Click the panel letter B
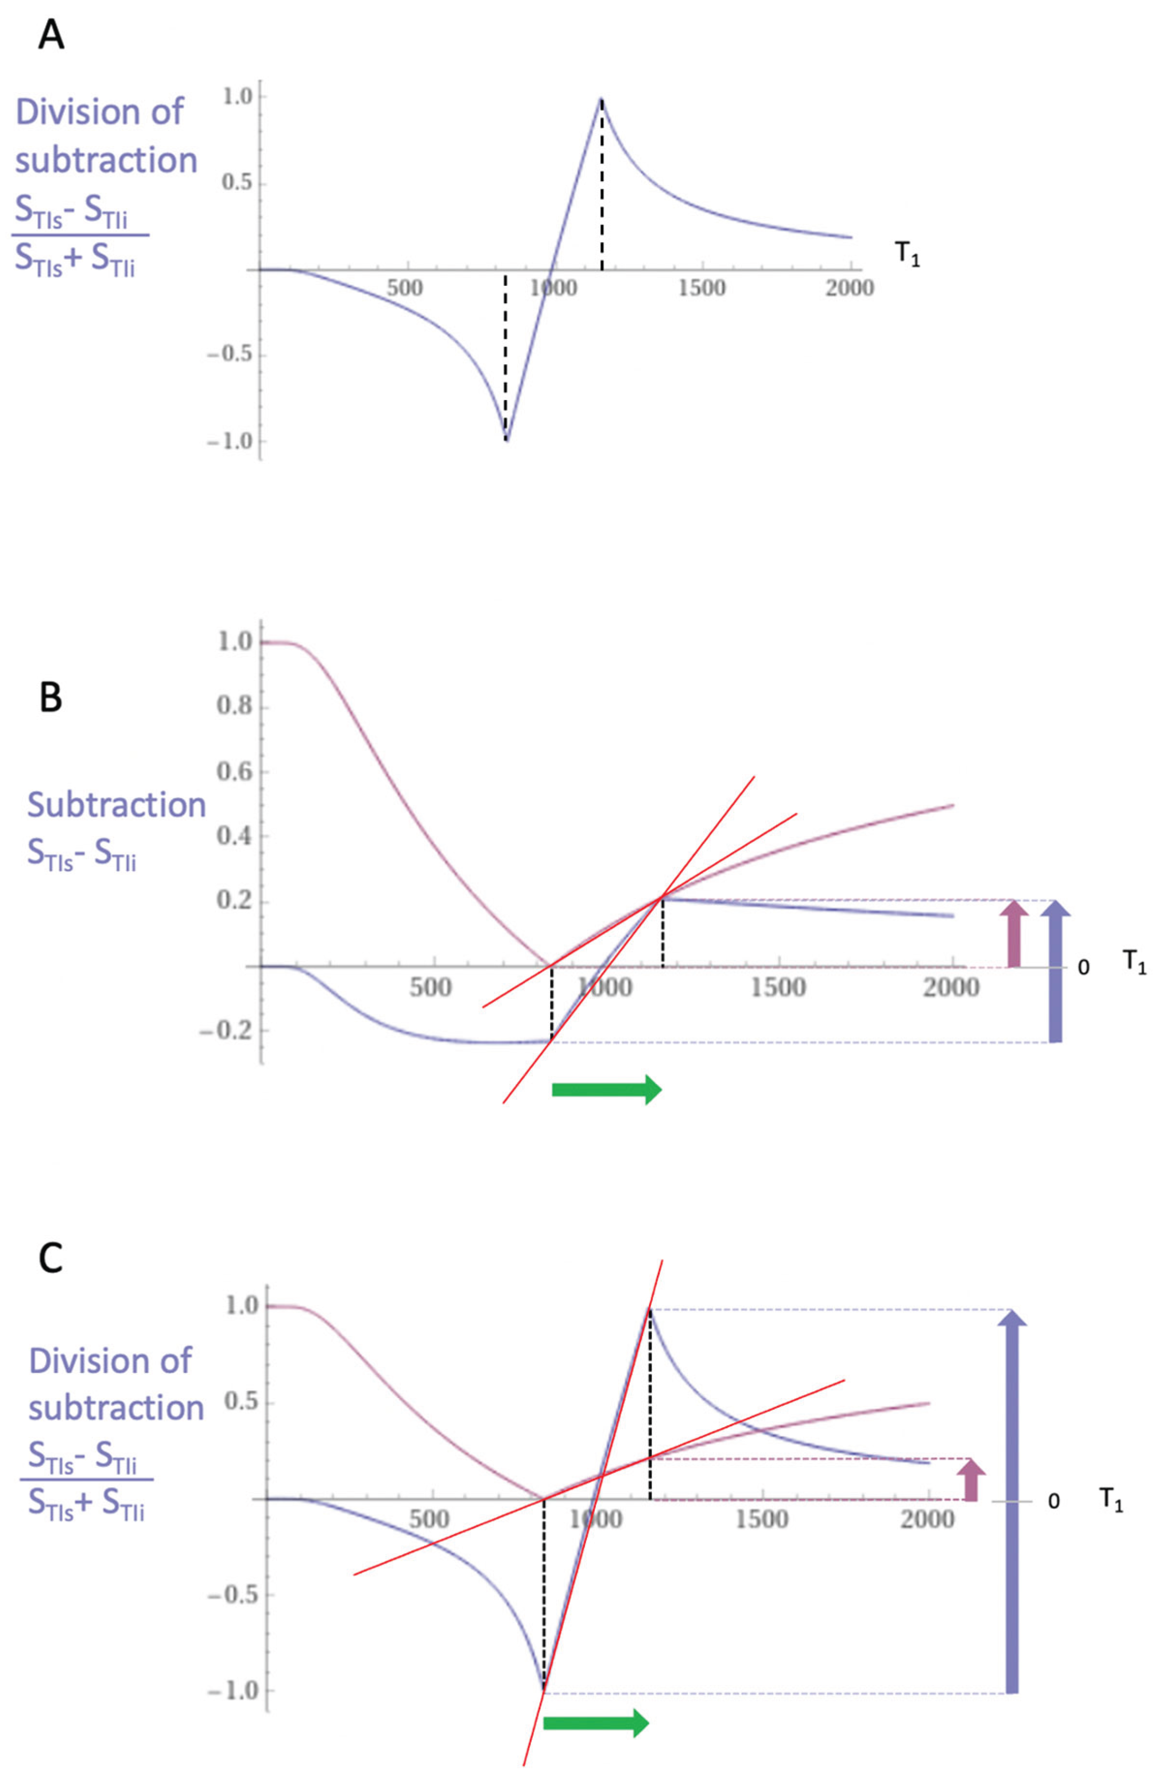click(51, 699)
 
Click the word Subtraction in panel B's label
click(116, 805)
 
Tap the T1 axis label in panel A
click(907, 254)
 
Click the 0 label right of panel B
click(1084, 967)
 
